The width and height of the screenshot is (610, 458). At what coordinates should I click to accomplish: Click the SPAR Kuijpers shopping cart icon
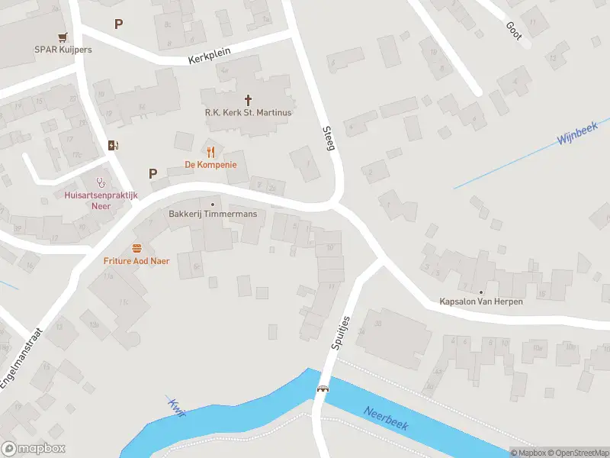click(x=63, y=37)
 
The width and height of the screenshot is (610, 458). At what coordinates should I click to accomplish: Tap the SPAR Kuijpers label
click(x=63, y=50)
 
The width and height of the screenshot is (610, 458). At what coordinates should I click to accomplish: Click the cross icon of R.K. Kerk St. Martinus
click(x=248, y=99)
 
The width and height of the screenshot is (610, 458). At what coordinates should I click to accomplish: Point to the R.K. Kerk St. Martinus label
click(x=248, y=112)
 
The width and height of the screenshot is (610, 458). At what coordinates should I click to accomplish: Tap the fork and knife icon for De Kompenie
click(x=210, y=151)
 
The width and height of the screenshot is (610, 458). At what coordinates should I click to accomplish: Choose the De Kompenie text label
click(x=210, y=165)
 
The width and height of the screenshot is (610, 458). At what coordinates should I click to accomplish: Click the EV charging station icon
click(x=114, y=145)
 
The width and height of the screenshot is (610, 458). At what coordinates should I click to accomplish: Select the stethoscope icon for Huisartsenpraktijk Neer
click(x=101, y=182)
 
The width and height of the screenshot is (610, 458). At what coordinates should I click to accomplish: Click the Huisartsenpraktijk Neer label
click(x=101, y=201)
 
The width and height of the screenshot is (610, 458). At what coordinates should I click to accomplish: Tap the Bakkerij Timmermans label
click(x=213, y=214)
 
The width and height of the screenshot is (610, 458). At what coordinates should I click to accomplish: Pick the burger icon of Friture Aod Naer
click(x=136, y=247)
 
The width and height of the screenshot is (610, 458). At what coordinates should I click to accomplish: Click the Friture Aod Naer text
click(x=136, y=261)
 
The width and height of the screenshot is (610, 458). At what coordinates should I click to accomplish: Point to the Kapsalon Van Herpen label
click(x=481, y=302)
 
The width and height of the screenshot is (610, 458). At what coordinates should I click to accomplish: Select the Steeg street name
click(x=329, y=138)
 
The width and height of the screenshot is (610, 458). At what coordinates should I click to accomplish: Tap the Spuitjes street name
click(x=340, y=333)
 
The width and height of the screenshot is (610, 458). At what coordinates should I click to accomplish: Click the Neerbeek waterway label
click(x=386, y=418)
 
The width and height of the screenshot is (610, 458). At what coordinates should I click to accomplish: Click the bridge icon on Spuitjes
click(x=323, y=389)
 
